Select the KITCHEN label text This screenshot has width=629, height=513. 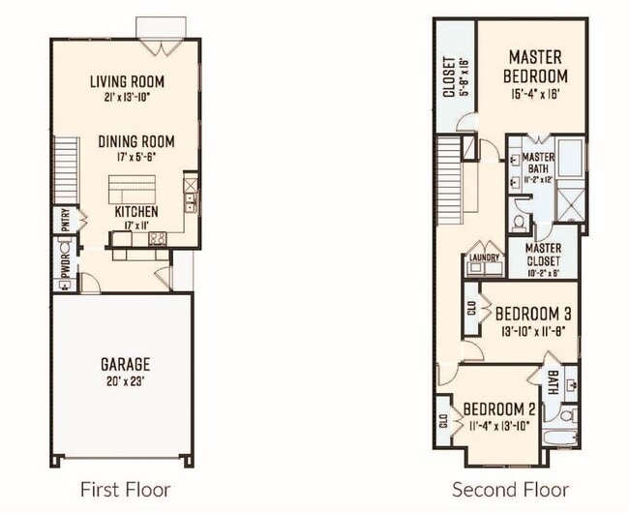pyautogui.click(x=136, y=211)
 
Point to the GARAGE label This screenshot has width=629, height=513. pyautogui.click(x=126, y=364)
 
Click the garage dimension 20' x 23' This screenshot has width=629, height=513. pyautogui.click(x=126, y=381)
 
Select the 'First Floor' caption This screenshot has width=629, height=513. pyautogui.click(x=125, y=489)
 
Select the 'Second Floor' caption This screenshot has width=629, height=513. pyautogui.click(x=510, y=489)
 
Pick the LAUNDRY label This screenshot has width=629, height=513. pyautogui.click(x=484, y=258)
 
